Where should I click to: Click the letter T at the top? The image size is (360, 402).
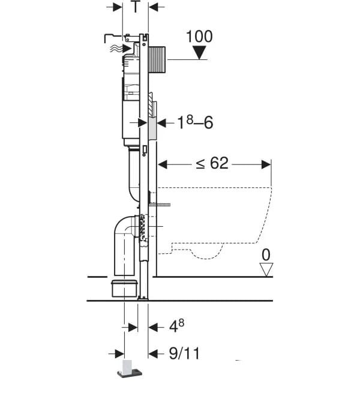pyautogui.click(x=136, y=7)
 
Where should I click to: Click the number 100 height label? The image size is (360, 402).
pyautogui.click(x=199, y=37)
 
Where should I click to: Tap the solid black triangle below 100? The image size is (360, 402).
pyautogui.click(x=199, y=53)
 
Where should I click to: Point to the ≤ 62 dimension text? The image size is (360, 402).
pyautogui.click(x=212, y=163)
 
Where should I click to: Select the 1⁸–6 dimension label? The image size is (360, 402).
pyautogui.click(x=195, y=122)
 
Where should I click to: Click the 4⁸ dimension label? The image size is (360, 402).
pyautogui.click(x=176, y=326)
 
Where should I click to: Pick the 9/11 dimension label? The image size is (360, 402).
pyautogui.click(x=184, y=353)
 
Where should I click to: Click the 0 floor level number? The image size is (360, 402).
pyautogui.click(x=266, y=255)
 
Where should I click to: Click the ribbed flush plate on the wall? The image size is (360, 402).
pyautogui.click(x=157, y=60)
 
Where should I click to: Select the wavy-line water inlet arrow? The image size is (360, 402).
pyautogui.click(x=121, y=48)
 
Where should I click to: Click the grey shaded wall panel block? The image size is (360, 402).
pyautogui.click(x=152, y=129)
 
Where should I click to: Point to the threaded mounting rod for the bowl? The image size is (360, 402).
pyautogui.click(x=160, y=205)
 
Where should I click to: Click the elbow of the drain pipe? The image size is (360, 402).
pyautogui.click(x=121, y=226)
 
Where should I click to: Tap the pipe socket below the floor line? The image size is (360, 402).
pyautogui.click(x=124, y=289)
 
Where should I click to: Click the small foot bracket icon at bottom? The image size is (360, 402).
pyautogui.click(x=130, y=369)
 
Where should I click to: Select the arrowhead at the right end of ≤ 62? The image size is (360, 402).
pyautogui.click(x=266, y=164)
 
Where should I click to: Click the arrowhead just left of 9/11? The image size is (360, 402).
pyautogui.click(x=153, y=354)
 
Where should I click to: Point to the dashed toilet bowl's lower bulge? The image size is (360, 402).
pyautogui.click(x=207, y=254)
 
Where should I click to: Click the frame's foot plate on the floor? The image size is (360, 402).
pyautogui.click(x=143, y=298)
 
